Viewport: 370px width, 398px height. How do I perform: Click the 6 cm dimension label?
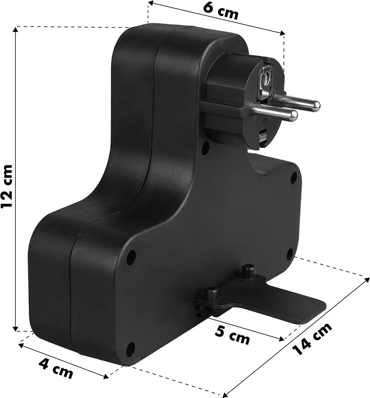[x=221, y=11]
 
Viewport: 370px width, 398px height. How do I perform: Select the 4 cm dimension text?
[x=56, y=369]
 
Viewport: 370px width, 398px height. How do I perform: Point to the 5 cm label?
[x=232, y=335]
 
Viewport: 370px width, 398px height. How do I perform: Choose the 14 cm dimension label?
[x=312, y=339]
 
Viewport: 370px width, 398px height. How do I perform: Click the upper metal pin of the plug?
[x=296, y=101]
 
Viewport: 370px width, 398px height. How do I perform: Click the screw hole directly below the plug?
[x=205, y=148]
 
